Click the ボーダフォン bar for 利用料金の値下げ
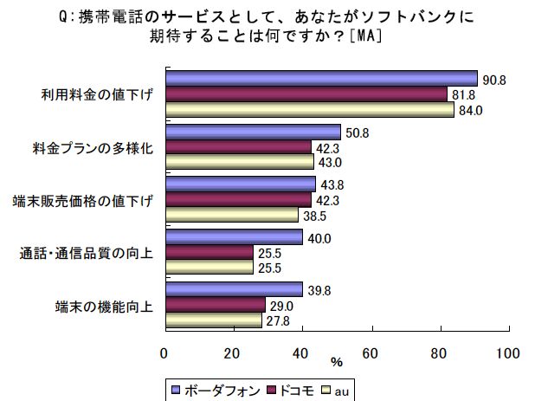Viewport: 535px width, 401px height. [x=320, y=79]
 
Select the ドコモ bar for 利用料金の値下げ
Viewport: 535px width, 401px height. [x=305, y=94]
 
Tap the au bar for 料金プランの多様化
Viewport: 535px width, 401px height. [x=238, y=161]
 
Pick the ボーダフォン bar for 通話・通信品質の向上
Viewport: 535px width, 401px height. [x=233, y=236]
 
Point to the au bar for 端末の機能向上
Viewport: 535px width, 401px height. [x=212, y=320]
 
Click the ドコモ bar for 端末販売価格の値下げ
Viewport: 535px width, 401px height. [x=237, y=199]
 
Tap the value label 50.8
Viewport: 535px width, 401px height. [x=356, y=133]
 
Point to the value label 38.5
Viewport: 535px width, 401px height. [x=314, y=214]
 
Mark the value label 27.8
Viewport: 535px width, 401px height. [x=278, y=321]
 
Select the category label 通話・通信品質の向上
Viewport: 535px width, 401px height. [x=87, y=253]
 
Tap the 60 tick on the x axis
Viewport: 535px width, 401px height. [x=371, y=352]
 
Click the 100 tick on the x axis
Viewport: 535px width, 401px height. [x=509, y=352]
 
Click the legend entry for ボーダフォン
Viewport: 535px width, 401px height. [x=216, y=389]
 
